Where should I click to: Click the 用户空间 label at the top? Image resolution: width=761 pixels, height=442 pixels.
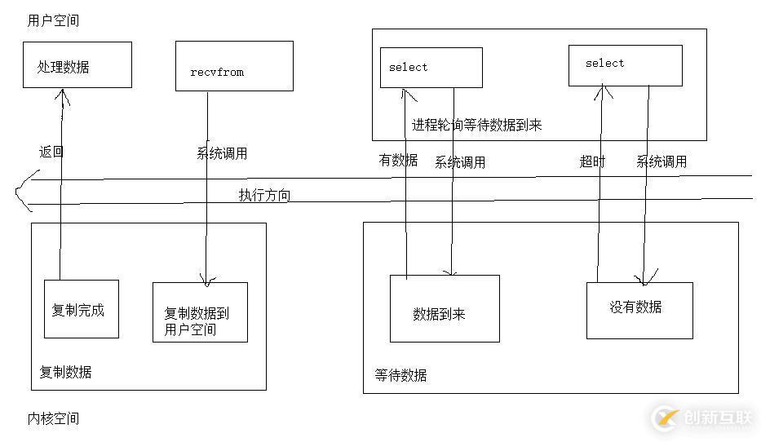pos(53,20)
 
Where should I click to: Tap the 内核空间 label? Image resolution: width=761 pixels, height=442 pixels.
pos(53,418)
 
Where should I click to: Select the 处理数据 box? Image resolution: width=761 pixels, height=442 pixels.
pos(77,65)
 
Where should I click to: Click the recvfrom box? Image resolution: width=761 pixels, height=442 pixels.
pos(234,66)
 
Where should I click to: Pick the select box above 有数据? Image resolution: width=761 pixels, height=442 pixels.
pos(431,68)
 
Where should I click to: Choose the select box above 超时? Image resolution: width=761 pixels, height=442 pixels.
pos(625,65)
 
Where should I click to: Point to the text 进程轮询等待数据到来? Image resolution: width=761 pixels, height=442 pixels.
pos(476,125)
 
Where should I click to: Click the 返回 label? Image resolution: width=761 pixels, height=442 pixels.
pos(51,152)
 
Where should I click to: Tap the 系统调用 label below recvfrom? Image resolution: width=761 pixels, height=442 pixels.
pos(222,153)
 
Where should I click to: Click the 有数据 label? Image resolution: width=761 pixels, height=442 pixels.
pos(398,161)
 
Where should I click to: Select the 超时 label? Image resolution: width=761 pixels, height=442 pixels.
pos(592,161)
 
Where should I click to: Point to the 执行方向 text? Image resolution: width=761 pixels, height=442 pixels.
pos(264,196)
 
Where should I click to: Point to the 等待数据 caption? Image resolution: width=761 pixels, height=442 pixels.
pos(400,375)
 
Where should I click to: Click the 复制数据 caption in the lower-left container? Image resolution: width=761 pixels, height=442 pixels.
pos(66,372)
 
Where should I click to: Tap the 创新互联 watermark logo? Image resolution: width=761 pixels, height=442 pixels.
pos(703,418)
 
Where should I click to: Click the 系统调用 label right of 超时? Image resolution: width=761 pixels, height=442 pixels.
pos(661,161)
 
